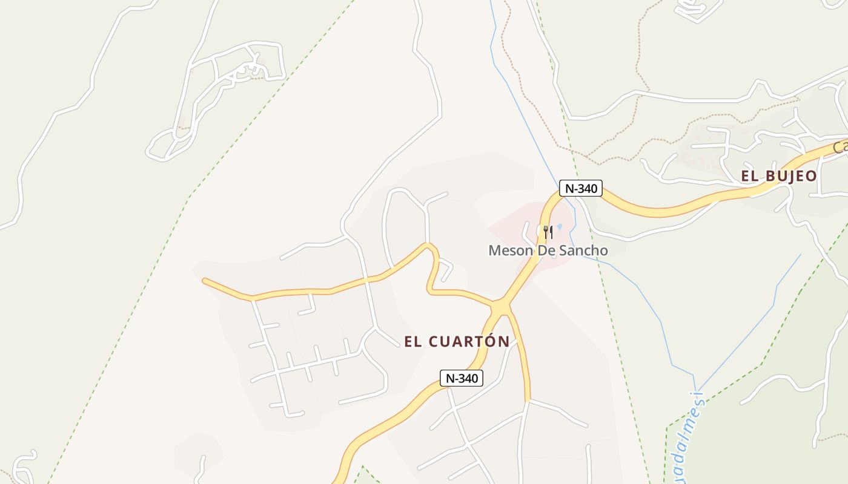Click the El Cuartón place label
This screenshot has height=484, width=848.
click(x=457, y=341)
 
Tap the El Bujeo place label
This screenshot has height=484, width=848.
click(x=778, y=176)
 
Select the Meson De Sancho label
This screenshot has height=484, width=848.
click(x=548, y=250)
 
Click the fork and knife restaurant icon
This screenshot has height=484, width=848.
click(x=548, y=232)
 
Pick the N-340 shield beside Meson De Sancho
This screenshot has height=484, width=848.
click(x=580, y=188)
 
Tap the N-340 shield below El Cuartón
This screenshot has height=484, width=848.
click(x=461, y=379)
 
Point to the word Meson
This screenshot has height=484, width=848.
click(x=510, y=250)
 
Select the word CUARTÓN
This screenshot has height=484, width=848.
click(x=469, y=341)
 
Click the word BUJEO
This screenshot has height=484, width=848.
click(x=790, y=176)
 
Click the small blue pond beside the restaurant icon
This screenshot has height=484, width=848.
click(x=559, y=227)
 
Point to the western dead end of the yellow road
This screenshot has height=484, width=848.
click(x=205, y=281)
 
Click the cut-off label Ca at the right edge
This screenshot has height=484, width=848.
click(x=840, y=147)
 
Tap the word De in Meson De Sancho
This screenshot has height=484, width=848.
click(x=547, y=250)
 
